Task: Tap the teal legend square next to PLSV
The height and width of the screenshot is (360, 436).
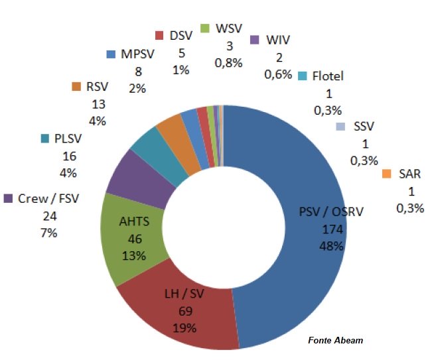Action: tap(45, 139)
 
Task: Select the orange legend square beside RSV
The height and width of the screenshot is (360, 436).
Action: tap(76, 87)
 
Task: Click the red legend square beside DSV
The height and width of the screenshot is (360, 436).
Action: tap(159, 34)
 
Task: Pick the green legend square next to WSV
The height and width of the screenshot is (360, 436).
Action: tap(205, 29)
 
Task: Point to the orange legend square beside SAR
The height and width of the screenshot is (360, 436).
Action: tap(387, 174)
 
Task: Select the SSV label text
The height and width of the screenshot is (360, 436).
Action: tap(364, 126)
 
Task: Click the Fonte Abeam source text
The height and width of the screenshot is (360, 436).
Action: tap(335, 340)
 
